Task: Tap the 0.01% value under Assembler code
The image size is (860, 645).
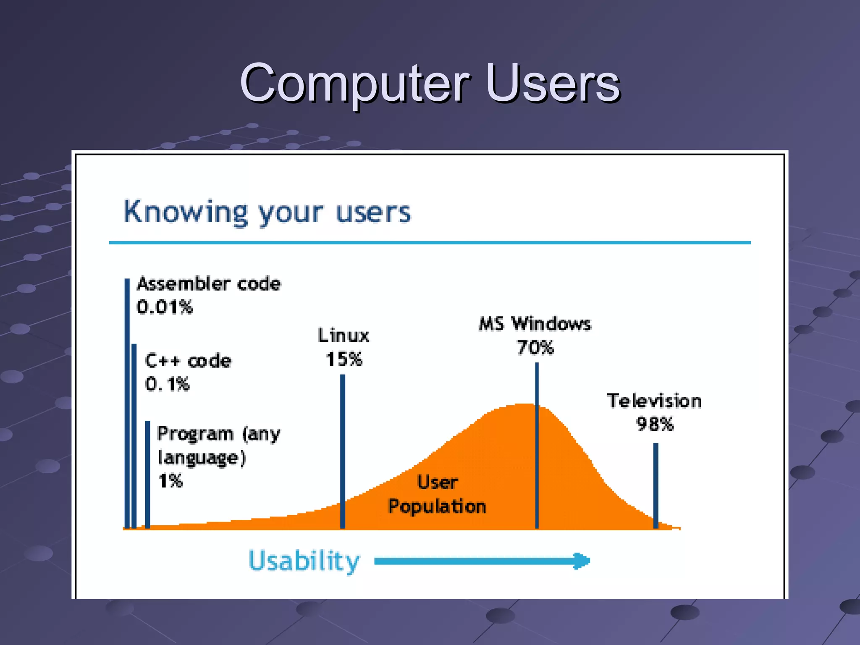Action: pos(165,307)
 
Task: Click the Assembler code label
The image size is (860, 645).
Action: pos(209,284)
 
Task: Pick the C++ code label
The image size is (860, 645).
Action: pos(188,361)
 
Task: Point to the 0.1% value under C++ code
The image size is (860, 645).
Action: pos(167,384)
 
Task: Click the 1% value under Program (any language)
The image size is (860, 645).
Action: pos(170,480)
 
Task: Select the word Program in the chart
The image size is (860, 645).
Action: pos(195,433)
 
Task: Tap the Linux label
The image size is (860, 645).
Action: pos(343,336)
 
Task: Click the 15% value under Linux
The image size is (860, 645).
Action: pos(343,359)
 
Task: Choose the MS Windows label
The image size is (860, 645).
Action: pos(535,324)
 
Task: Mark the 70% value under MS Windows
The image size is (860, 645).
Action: pos(535,348)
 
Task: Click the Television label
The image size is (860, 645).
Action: pos(654,401)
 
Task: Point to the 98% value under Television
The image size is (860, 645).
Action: pos(655,424)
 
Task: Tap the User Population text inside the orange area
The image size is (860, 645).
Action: pos(437,494)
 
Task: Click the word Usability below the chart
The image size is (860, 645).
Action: pos(304,561)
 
